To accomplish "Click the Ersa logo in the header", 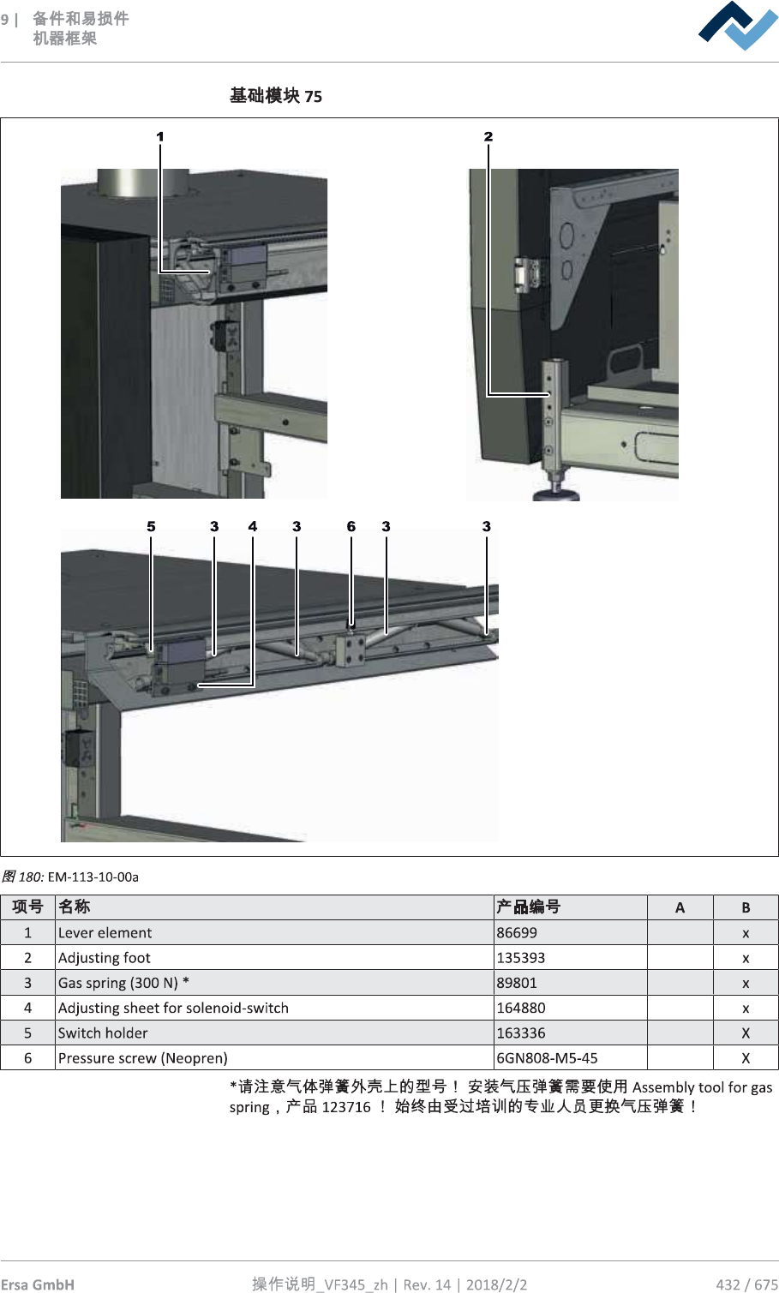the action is coord(738,26).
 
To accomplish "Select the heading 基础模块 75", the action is coord(276,96).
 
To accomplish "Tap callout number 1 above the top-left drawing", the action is coord(160,136).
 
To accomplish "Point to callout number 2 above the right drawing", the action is coord(488,136).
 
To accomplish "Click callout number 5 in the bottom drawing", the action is coord(151,526).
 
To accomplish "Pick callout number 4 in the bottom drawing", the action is coord(253,526).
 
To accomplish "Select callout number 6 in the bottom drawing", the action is coord(351,526).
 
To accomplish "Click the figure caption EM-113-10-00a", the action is coord(93,877).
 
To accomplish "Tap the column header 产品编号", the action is coord(528,907).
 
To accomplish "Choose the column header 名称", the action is coord(75,907).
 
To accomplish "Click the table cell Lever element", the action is coord(105,933).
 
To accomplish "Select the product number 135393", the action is coord(521,958).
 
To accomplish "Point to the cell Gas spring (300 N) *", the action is coord(123,983).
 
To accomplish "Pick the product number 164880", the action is coord(521,1008).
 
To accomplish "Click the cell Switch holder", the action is coord(103,1033).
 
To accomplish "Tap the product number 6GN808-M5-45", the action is coord(548,1058).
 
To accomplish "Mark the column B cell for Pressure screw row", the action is coord(746,1058).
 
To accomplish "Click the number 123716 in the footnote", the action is coord(346,1107).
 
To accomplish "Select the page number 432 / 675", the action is coord(746,1284).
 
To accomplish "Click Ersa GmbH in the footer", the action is coord(38,1284).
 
